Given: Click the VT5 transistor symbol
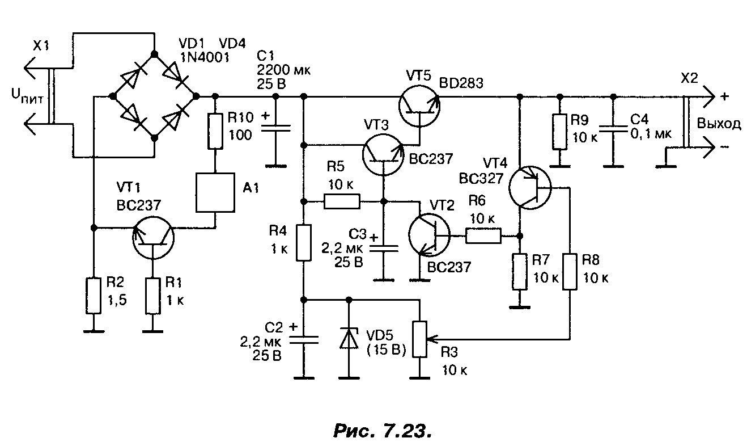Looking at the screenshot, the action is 419,106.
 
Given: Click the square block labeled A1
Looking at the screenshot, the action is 215,192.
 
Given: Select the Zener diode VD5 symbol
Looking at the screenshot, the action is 349,338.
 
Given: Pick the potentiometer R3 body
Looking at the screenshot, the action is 419,339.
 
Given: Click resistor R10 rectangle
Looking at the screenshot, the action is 215,131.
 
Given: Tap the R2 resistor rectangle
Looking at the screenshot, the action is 94,296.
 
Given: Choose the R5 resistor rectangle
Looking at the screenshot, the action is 342,201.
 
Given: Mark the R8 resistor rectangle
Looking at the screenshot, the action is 570,272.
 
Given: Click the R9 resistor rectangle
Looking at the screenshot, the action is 560,132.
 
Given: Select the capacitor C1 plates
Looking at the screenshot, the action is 276,128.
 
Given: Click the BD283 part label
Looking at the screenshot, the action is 461,83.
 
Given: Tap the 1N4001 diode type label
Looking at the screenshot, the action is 205,58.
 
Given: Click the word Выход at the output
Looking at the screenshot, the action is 719,124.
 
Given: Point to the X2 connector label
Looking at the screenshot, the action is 690,78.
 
